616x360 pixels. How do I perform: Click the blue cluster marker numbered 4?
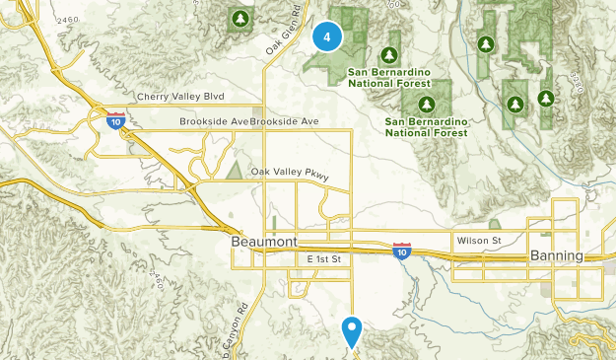click(x=327, y=37)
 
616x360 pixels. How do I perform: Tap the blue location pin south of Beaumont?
click(x=352, y=328)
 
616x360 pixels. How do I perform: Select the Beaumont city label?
click(x=262, y=242)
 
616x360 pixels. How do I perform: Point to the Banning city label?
click(x=557, y=255)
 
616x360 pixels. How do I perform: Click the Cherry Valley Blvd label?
click(x=180, y=96)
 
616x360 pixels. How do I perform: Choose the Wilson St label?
click(x=479, y=240)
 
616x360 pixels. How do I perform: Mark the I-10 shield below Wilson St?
click(x=401, y=252)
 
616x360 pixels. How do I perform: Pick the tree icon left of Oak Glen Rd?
click(x=239, y=18)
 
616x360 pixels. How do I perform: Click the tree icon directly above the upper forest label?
click(x=390, y=54)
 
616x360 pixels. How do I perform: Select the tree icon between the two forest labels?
click(x=426, y=103)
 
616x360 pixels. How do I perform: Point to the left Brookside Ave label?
click(x=214, y=121)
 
